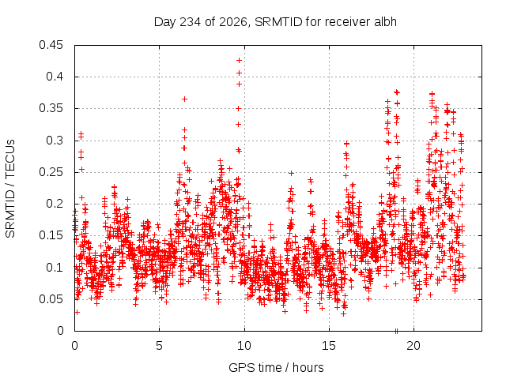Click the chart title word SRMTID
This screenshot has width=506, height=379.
pos(278,22)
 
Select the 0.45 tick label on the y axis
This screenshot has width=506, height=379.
pos(51,45)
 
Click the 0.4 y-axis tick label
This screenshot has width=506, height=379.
pos(55,77)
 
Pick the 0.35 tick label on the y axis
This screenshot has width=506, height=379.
pos(51,108)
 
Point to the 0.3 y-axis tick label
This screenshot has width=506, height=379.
pos(55,141)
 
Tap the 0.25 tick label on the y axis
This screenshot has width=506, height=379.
pos(51,172)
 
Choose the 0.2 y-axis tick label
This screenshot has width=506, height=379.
pos(55,204)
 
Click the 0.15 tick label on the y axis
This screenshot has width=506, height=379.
pos(51,235)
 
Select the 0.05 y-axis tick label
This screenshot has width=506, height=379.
pos(51,299)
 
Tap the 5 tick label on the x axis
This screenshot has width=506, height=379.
pos(160,346)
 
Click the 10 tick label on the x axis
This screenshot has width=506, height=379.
pos(244,346)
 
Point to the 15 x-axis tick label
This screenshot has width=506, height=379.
pos(329,346)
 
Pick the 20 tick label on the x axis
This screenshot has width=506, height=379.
pos(413,346)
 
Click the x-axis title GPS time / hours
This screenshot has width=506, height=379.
pos(276,367)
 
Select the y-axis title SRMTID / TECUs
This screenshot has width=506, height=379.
pos(10,189)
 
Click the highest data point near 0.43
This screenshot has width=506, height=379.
pos(239,60)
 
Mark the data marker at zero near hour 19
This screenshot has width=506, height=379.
pos(396,331)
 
